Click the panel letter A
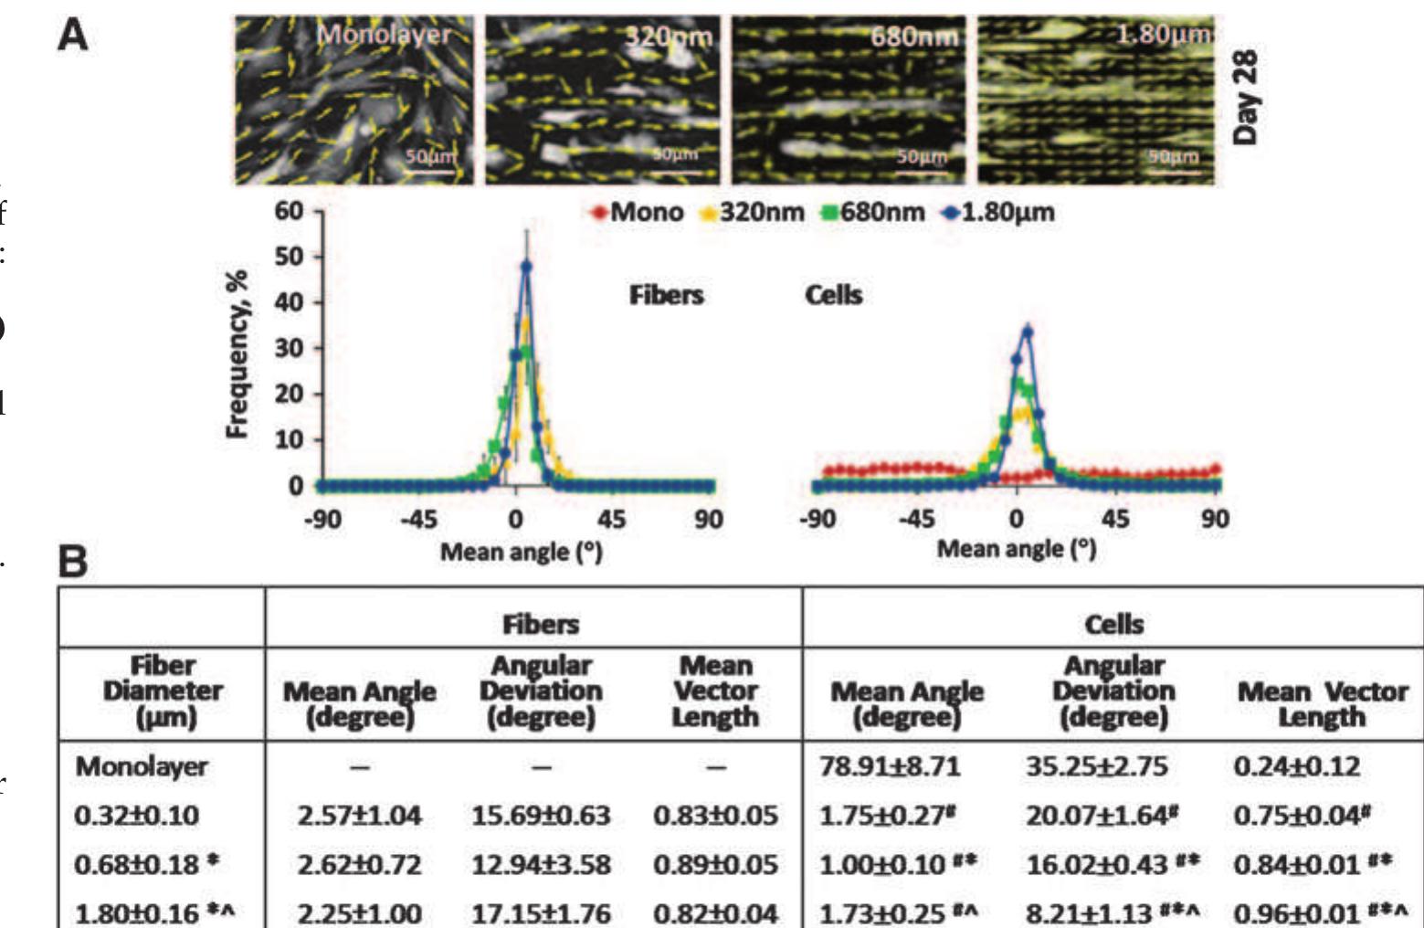(x=73, y=36)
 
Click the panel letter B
(x=73, y=562)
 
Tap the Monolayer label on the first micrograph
(x=383, y=35)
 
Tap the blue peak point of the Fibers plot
(x=526, y=267)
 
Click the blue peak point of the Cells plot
(x=1028, y=332)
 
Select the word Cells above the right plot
(x=833, y=295)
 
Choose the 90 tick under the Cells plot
(x=1215, y=520)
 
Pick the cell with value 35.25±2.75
(x=1095, y=765)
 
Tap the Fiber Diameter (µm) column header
(x=162, y=691)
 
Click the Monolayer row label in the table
(x=142, y=765)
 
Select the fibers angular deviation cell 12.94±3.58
(x=541, y=863)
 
